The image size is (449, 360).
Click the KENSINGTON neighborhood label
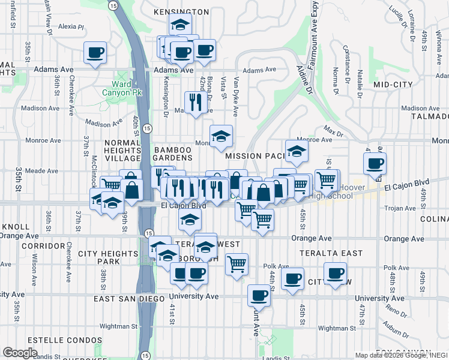click(x=181, y=11)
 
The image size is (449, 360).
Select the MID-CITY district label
click(x=391, y=85)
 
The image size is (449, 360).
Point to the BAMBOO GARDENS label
click(x=173, y=154)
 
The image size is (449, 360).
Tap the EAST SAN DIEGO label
click(x=129, y=299)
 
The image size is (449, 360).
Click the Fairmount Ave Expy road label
click(x=313, y=36)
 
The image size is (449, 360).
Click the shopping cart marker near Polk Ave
click(x=237, y=263)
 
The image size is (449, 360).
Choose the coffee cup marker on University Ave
click(x=259, y=295)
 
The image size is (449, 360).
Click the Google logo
click(x=20, y=353)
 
